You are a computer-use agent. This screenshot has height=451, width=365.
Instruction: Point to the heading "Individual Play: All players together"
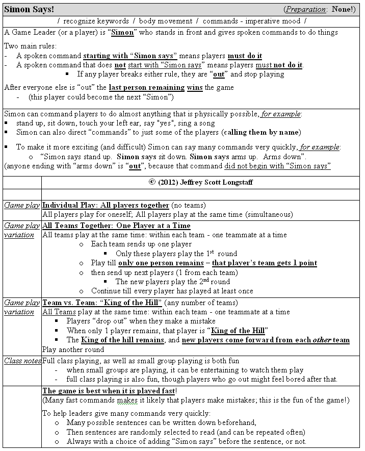[106, 205]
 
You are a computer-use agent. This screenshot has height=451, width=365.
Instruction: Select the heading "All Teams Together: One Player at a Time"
[116, 225]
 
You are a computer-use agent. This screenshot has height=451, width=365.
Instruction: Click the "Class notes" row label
[22, 361]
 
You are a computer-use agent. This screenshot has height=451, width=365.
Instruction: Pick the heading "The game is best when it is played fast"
[109, 391]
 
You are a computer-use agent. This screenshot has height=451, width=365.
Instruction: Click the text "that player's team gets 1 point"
[264, 263]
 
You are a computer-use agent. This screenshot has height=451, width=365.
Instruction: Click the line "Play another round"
[73, 349]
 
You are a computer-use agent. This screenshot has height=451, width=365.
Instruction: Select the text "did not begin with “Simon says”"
[277, 166]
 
